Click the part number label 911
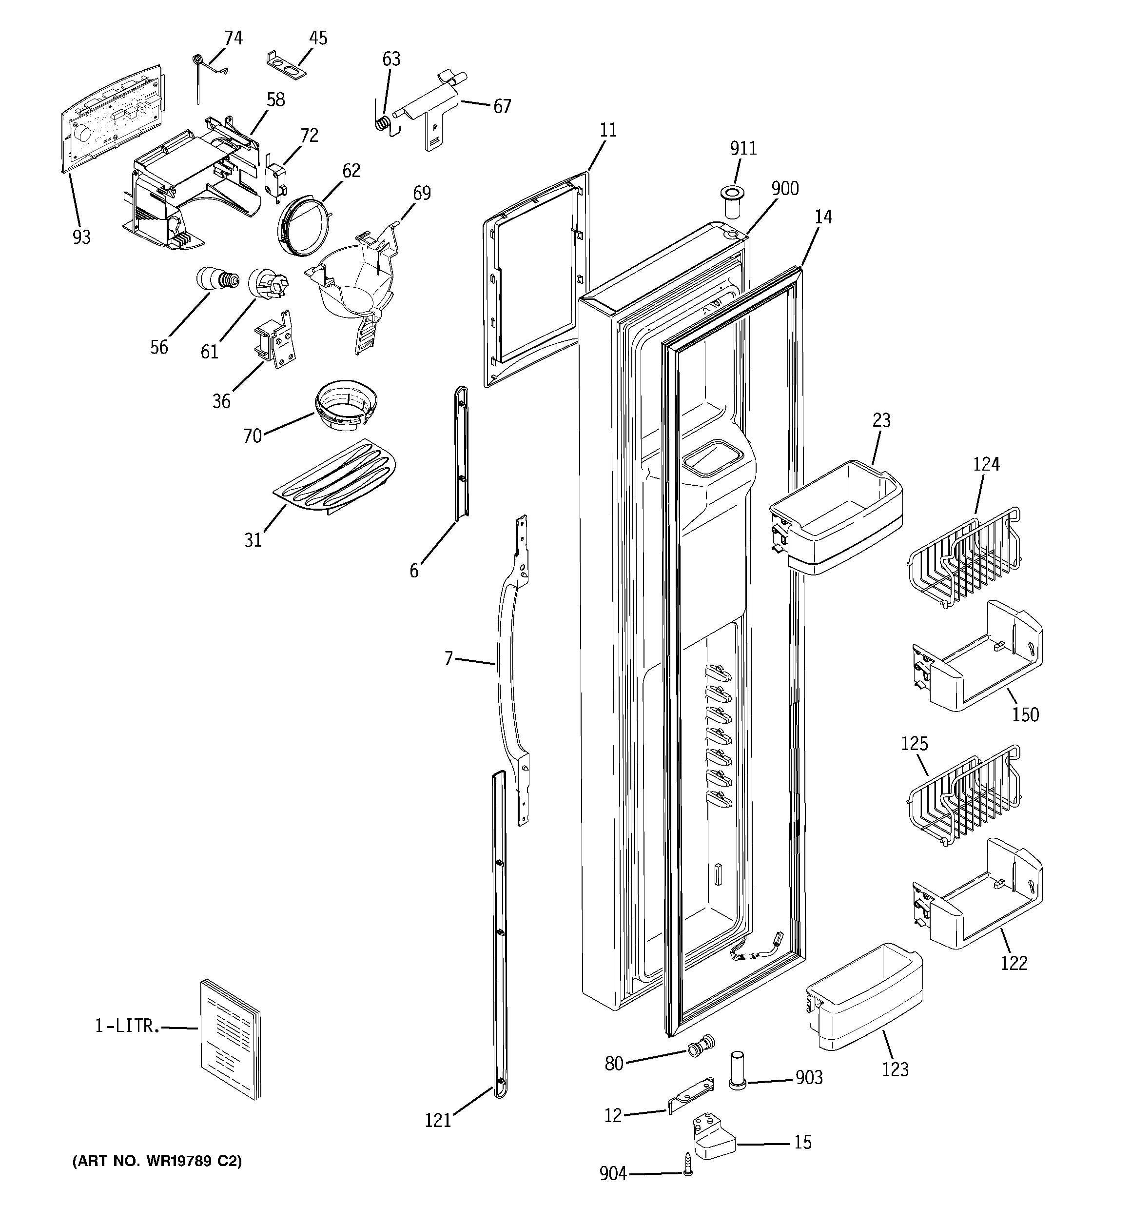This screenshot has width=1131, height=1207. pyautogui.click(x=743, y=149)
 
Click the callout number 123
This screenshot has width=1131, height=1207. pyautogui.click(x=896, y=1086)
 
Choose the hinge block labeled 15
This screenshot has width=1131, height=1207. pyautogui.click(x=713, y=1140)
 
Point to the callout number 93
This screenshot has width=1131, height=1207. pyautogui.click(x=81, y=237)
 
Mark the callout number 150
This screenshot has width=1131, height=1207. pyautogui.click(x=1025, y=714)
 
